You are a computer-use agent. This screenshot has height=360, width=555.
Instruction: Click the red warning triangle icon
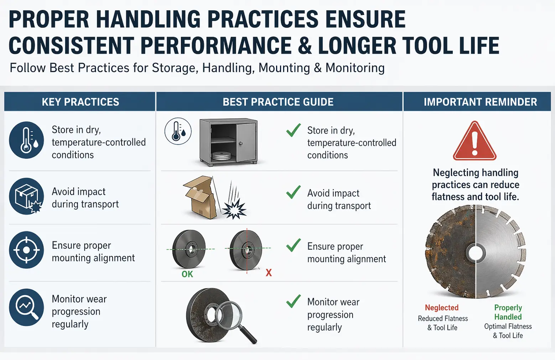474,141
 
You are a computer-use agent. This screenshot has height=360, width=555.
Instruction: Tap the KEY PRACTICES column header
81,102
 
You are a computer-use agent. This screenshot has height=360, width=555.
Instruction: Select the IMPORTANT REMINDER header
480,102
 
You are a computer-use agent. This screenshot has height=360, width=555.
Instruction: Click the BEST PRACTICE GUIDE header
278,102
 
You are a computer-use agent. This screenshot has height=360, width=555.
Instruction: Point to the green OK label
187,274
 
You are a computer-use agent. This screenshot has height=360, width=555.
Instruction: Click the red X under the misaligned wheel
269,273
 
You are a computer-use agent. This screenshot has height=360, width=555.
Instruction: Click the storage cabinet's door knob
240,144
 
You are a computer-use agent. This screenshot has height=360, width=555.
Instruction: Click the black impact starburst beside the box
234,209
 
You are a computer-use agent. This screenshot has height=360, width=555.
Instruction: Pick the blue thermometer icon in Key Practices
26,140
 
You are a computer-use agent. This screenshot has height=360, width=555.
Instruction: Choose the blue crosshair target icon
26,250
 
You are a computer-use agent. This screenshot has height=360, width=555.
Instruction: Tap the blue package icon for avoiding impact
26,196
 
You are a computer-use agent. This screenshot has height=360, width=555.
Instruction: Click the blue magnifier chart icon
26,308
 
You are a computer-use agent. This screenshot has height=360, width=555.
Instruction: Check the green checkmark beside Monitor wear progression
294,301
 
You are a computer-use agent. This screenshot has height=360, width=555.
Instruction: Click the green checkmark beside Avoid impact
294,192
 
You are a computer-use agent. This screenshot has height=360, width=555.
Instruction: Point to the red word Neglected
441,308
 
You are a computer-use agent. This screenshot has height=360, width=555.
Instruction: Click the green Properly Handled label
508,312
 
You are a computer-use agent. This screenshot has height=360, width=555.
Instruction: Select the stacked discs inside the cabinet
222,156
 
